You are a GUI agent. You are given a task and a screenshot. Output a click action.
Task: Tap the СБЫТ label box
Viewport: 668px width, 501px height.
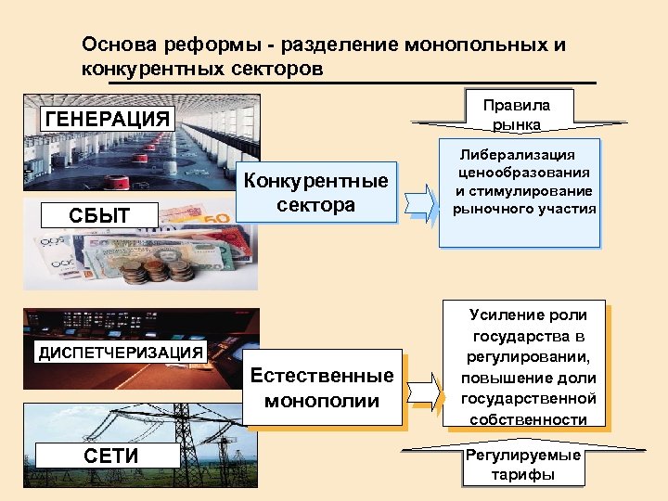click(99, 216)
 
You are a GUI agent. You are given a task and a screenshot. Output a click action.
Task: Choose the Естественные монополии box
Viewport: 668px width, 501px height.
click(322, 389)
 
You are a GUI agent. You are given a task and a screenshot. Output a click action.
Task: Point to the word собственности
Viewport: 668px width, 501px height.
click(528, 419)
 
